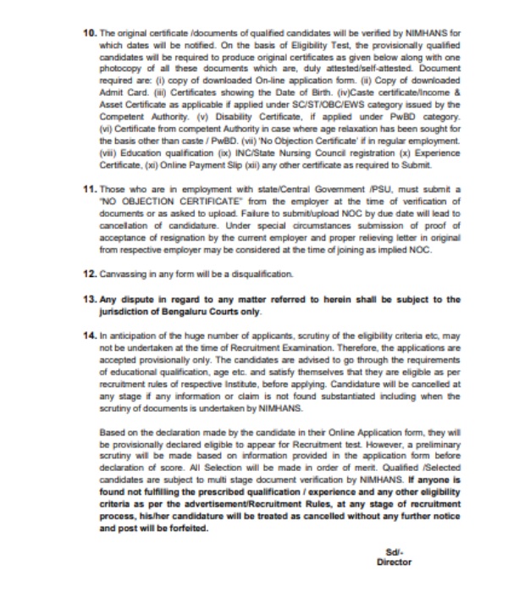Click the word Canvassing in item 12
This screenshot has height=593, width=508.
[123, 275]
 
